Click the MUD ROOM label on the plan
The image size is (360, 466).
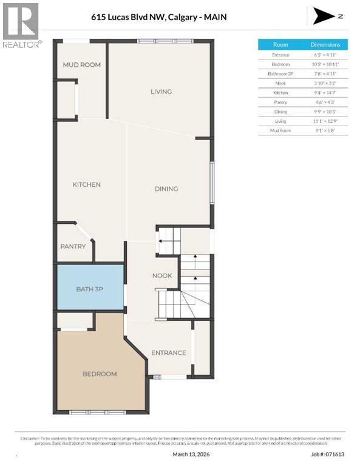pos(82,65)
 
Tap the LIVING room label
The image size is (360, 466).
pos(161,92)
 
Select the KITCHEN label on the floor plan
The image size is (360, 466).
pos(87,184)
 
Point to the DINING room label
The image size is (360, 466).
pos(166,189)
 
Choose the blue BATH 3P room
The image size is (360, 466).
pos(90,289)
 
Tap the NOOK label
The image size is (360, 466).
pos(162,275)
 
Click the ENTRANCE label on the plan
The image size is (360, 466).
pos(168,353)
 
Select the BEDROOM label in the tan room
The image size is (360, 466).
pos(100,374)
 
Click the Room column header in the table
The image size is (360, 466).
pos(280,45)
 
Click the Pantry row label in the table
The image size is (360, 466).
pos(280,103)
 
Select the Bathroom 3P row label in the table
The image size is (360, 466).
pos(280,74)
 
